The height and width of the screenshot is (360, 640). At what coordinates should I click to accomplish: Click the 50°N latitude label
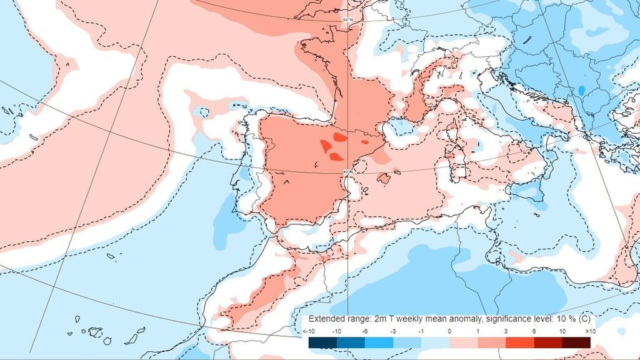[x=347, y=21]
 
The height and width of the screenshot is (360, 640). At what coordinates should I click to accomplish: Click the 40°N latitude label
[x=348, y=171]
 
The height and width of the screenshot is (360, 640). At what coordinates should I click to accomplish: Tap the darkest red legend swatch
[x=576, y=342]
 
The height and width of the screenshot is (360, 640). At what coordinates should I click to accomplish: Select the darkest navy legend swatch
[x=322, y=342]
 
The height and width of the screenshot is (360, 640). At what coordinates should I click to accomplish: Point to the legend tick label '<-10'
[x=309, y=331]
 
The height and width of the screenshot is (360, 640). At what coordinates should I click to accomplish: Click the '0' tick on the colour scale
[x=449, y=331]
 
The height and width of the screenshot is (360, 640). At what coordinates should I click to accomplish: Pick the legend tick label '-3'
[x=393, y=331]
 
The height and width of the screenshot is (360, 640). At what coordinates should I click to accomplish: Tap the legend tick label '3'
[x=506, y=331]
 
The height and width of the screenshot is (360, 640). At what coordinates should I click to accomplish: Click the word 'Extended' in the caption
[x=326, y=318]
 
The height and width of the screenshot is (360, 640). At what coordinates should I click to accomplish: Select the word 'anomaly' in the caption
[x=459, y=318]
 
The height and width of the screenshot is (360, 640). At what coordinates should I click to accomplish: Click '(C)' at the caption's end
[x=581, y=318]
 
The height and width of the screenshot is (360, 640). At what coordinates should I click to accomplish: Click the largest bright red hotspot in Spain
[x=327, y=146]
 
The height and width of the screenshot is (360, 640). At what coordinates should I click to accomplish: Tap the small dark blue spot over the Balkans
[x=581, y=91]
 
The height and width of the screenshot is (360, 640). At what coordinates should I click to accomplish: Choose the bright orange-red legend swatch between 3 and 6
[x=519, y=342]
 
